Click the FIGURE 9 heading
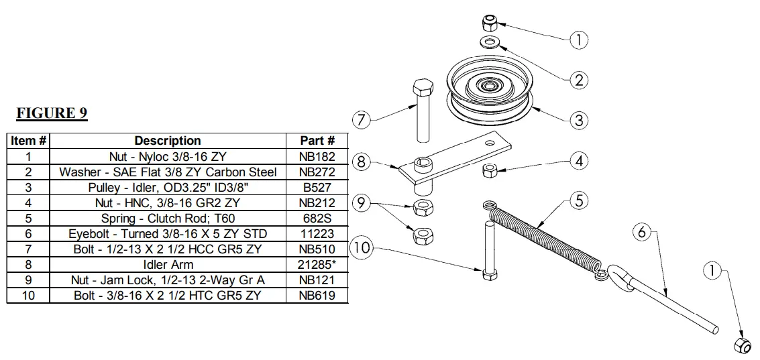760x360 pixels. click(52, 113)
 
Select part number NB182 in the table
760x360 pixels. click(317, 156)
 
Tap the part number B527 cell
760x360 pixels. click(317, 187)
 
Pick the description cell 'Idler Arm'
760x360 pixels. click(168, 264)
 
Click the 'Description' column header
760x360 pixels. click(168, 141)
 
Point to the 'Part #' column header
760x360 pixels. click(317, 141)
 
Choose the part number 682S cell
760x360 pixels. click(317, 218)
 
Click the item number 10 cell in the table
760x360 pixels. click(28, 295)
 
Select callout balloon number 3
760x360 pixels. click(578, 121)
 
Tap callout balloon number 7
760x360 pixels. click(362, 121)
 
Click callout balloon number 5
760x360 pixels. click(579, 200)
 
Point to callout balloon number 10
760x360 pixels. click(362, 247)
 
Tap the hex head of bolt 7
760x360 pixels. click(421, 88)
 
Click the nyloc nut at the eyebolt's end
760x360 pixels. click(742, 345)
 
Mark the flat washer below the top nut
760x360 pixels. click(489, 44)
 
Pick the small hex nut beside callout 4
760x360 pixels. click(490, 170)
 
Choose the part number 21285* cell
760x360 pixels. click(317, 264)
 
